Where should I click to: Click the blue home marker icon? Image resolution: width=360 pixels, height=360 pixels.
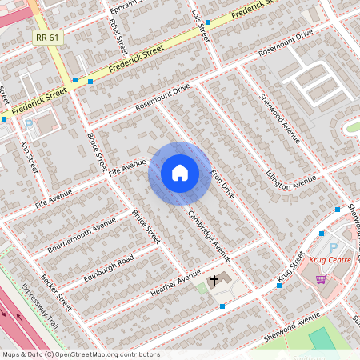pyautogui.click(x=180, y=173)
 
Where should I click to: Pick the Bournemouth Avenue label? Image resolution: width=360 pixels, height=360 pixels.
pyautogui.click(x=76, y=234)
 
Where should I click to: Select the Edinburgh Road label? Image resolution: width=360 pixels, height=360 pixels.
pyautogui.click(x=109, y=269)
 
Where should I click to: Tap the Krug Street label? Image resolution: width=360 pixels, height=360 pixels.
pyautogui.click(x=292, y=268)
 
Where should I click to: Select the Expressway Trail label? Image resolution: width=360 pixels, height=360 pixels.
pyautogui.click(x=41, y=307)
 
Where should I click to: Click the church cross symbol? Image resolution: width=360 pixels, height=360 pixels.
pyautogui.click(x=214, y=281)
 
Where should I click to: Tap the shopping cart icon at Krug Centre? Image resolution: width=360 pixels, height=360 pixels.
pyautogui.click(x=322, y=278)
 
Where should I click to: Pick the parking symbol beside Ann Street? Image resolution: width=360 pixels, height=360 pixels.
pyautogui.click(x=29, y=123)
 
